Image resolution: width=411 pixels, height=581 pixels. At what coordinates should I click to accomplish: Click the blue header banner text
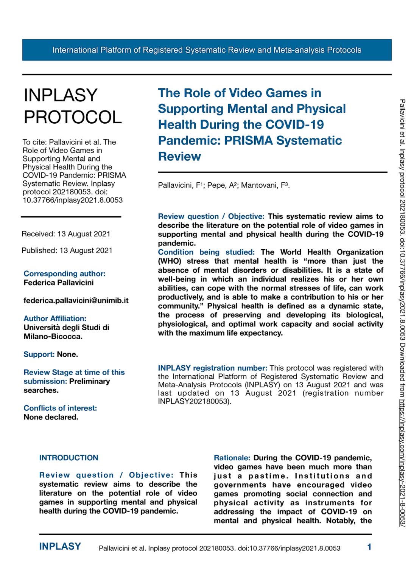point(207,50)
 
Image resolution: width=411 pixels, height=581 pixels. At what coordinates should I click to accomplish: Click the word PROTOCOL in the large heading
point(73,117)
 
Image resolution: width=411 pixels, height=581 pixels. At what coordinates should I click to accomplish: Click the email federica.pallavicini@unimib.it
point(76,301)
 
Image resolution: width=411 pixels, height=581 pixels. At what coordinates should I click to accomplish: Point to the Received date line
point(66,234)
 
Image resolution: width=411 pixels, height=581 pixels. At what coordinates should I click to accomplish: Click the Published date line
point(67,250)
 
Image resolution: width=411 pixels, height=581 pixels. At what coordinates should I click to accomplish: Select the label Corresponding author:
point(64,273)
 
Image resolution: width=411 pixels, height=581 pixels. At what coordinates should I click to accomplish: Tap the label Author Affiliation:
point(55,318)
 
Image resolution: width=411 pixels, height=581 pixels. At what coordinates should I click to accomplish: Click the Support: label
point(39,354)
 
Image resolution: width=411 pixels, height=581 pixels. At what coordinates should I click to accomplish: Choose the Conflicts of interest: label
point(60,408)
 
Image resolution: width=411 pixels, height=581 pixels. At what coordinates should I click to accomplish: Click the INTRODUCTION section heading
point(68,458)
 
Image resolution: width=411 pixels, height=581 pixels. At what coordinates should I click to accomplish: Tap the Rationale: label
point(232,458)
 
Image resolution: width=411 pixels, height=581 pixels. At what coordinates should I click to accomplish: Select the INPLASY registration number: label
point(212,368)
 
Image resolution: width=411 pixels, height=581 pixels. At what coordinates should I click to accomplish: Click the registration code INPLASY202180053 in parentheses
point(193,401)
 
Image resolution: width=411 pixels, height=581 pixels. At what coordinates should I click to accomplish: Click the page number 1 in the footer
point(369,547)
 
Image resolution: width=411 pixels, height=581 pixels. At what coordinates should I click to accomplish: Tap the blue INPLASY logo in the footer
point(60,547)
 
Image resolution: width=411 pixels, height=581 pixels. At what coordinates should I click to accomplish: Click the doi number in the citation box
point(73,200)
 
